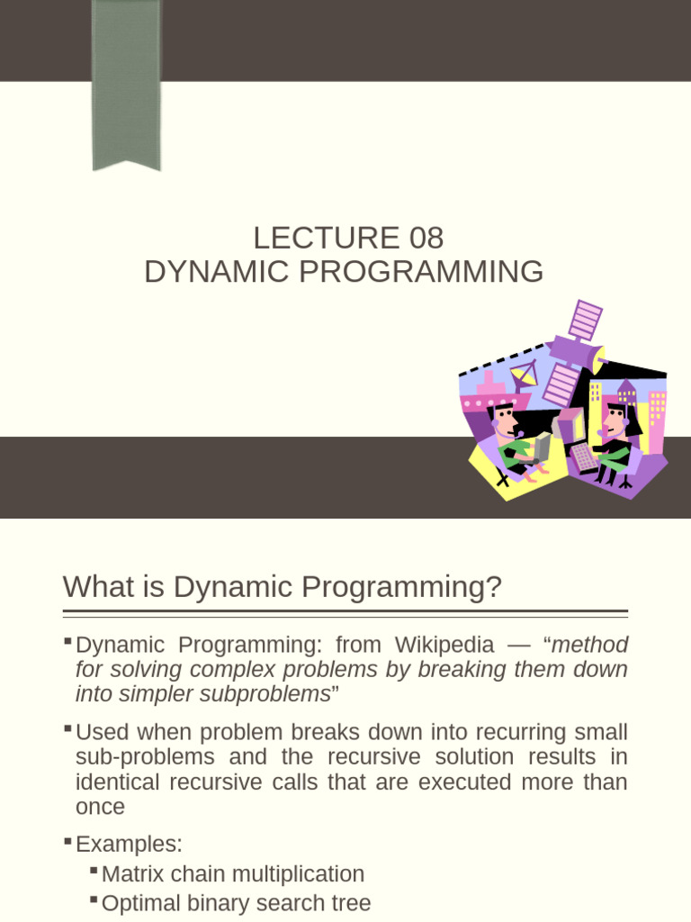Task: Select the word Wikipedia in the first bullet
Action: pyautogui.click(x=440, y=645)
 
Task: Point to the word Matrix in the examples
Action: pyautogui.click(x=131, y=873)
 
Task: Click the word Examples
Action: pyautogui.click(x=129, y=844)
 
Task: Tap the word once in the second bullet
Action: pyautogui.click(x=100, y=807)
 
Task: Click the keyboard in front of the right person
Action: pyautogui.click(x=584, y=457)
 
